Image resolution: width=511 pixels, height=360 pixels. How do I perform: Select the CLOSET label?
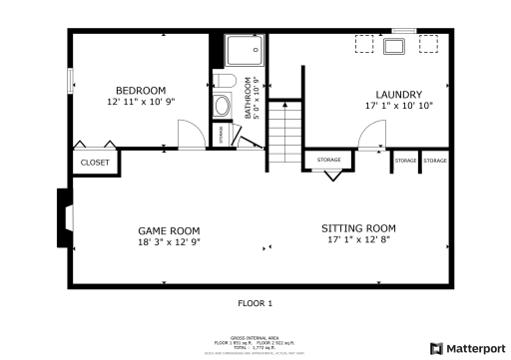95,162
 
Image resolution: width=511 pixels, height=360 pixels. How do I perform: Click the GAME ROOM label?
165,230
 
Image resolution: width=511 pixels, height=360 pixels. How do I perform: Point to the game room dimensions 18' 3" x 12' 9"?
165,242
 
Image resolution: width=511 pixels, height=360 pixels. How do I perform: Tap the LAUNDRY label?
398,94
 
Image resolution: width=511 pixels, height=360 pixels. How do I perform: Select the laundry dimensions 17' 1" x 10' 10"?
398,106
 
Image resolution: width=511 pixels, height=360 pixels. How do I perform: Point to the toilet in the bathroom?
224,82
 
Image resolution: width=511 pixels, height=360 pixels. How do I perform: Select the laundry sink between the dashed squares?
394,46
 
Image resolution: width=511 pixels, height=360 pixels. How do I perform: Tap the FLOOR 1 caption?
255,302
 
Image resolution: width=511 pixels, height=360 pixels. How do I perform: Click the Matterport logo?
468,347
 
